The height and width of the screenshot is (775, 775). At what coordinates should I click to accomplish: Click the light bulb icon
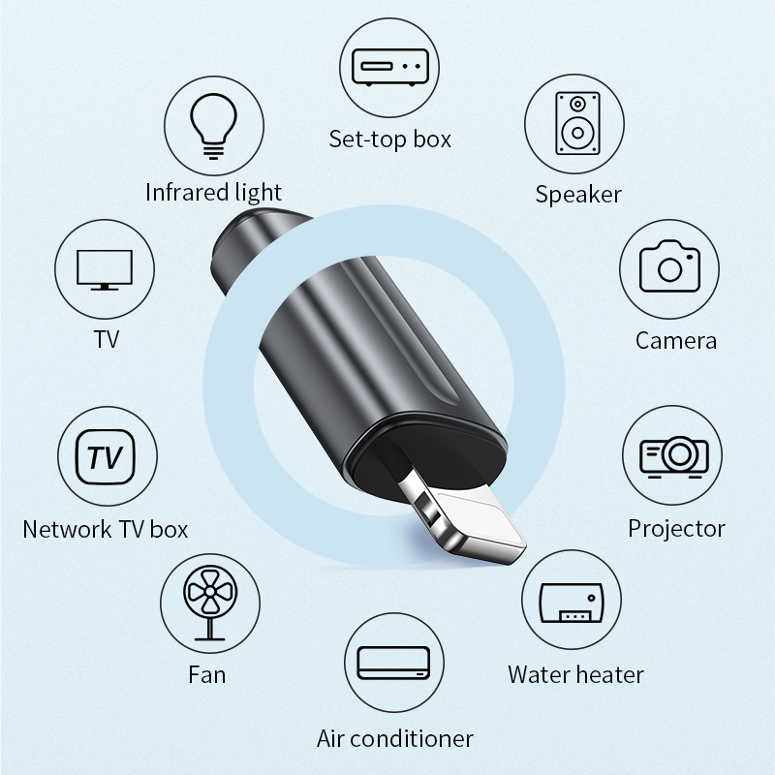(x=213, y=126)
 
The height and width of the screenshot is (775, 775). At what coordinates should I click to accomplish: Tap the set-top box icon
(x=390, y=68)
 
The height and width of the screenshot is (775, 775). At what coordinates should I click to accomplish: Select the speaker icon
(x=577, y=123)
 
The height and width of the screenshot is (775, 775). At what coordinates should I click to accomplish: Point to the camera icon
(x=669, y=266)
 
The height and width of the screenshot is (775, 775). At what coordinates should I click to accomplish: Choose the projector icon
(x=674, y=456)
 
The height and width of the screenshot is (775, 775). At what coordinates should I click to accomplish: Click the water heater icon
(x=572, y=603)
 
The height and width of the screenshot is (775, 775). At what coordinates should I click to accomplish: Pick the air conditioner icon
(x=393, y=663)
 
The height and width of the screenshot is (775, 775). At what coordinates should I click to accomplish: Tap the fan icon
(x=210, y=604)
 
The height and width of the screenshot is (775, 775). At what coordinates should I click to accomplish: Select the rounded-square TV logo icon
(x=106, y=456)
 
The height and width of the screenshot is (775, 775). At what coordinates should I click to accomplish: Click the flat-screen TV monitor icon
(x=105, y=270)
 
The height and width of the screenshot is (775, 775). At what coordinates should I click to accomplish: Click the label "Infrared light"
(x=213, y=192)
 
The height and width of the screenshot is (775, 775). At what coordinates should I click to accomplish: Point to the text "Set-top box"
(x=390, y=139)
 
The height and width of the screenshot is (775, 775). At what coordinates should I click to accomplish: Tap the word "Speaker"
(x=577, y=195)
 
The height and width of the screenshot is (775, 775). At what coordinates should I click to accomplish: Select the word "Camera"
(x=675, y=341)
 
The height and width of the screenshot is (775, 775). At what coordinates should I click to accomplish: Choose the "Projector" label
(x=676, y=529)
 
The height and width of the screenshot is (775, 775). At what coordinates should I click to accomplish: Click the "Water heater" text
(x=575, y=674)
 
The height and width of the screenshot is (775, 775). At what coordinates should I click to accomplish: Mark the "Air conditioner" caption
(x=395, y=739)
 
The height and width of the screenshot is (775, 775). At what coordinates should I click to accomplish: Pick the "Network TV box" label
(x=106, y=529)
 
